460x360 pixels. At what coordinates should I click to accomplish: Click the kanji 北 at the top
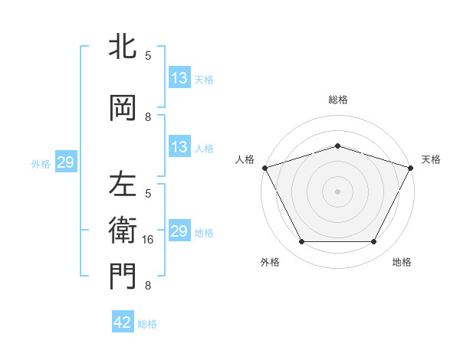pyautogui.click(x=122, y=47)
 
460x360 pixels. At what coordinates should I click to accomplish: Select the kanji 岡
pyautogui.click(x=122, y=108)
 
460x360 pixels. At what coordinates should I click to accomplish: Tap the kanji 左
pyautogui.click(x=122, y=185)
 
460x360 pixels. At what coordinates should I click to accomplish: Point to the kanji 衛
pyautogui.click(x=122, y=231)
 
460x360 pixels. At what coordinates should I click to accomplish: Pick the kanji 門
pyautogui.click(x=122, y=277)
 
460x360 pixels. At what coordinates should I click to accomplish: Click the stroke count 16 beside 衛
pyautogui.click(x=149, y=240)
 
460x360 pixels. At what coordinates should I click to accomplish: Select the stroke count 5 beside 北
pyautogui.click(x=148, y=55)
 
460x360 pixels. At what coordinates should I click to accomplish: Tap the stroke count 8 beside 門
pyautogui.click(x=148, y=286)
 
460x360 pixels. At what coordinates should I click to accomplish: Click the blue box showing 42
pyautogui.click(x=123, y=322)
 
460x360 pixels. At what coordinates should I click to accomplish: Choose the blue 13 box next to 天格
pyautogui.click(x=179, y=78)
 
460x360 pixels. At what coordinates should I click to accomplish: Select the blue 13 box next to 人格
pyautogui.click(x=179, y=147)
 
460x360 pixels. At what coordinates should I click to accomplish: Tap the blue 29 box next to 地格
pyautogui.click(x=179, y=231)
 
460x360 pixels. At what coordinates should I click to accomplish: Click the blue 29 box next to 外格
pyautogui.click(x=65, y=162)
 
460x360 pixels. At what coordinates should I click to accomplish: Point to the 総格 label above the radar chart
pyautogui.click(x=338, y=100)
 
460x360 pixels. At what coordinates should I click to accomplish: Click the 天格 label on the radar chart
pyautogui.click(x=432, y=159)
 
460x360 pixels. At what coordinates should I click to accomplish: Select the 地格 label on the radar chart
pyautogui.click(x=402, y=262)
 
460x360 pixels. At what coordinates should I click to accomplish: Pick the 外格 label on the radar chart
pyautogui.click(x=270, y=262)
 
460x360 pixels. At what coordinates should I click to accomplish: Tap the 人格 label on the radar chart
pyautogui.click(x=245, y=159)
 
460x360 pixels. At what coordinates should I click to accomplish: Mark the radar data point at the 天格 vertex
pyautogui.click(x=411, y=167)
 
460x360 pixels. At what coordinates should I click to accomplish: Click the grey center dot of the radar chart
pyautogui.click(x=338, y=191)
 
